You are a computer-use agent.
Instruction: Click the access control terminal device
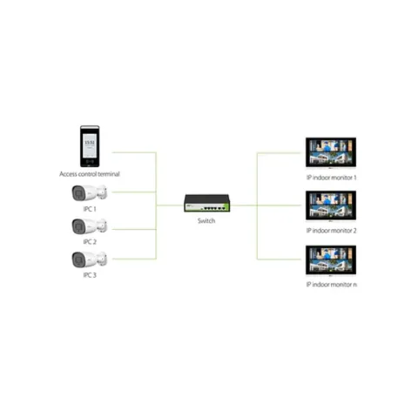(x=90, y=146)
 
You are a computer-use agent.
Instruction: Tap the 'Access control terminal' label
(x=90, y=174)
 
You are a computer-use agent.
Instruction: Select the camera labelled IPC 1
(x=89, y=192)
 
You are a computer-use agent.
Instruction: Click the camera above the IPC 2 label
(x=89, y=226)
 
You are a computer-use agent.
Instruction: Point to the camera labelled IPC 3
(x=89, y=260)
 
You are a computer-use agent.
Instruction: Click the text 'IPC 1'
(x=90, y=209)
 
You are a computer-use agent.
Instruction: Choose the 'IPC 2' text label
(x=90, y=242)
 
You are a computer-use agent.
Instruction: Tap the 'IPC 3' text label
(x=90, y=275)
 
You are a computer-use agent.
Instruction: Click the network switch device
(x=207, y=203)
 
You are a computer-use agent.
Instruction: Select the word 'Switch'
(x=206, y=221)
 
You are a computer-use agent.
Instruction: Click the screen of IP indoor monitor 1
(x=331, y=152)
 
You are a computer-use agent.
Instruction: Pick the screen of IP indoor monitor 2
(x=331, y=206)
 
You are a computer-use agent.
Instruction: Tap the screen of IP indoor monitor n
(x=331, y=260)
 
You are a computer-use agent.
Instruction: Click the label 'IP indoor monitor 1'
(x=331, y=178)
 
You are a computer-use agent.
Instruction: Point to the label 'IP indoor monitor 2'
(x=331, y=231)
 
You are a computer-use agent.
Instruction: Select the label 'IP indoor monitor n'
(x=332, y=285)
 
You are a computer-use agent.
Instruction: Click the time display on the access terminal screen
(x=90, y=143)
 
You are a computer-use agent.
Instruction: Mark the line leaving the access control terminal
(x=134, y=152)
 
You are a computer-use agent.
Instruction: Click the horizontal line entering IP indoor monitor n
(x=279, y=260)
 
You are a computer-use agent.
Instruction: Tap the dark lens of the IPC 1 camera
(x=78, y=193)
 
